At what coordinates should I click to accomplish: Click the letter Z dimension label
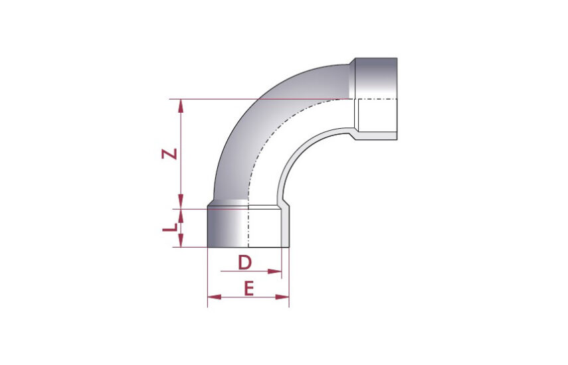(169, 154)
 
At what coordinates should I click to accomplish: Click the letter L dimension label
(169, 228)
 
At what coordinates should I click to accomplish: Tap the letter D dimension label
(244, 262)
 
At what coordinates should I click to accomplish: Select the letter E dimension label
(248, 289)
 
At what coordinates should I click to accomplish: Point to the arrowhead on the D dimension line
(274, 271)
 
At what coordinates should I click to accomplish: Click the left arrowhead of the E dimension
(214, 297)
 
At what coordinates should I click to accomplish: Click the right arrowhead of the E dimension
(282, 297)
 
